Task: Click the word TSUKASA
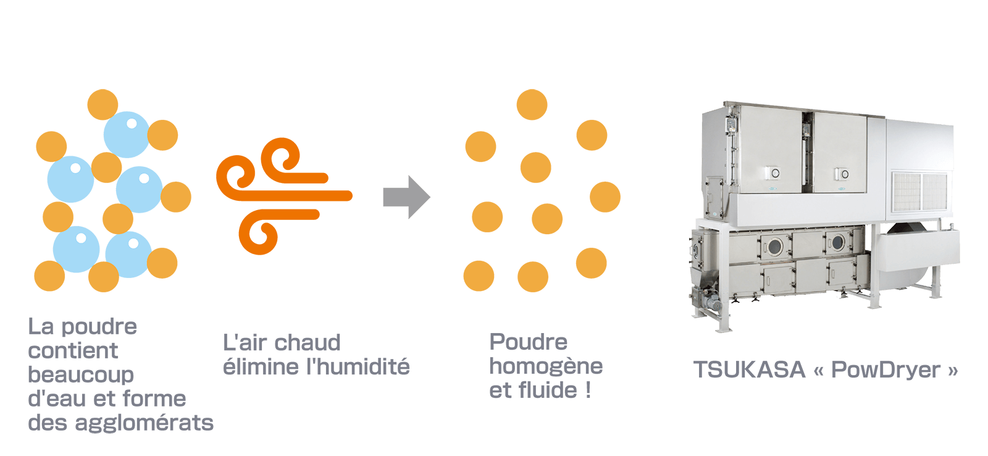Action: click(x=749, y=369)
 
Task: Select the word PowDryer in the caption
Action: click(x=886, y=369)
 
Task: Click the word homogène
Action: click(x=546, y=366)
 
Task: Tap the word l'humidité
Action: click(x=358, y=367)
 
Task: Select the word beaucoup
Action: click(x=81, y=374)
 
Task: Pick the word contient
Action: click(x=73, y=350)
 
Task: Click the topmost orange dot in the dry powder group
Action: click(x=532, y=104)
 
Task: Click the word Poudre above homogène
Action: click(x=528, y=342)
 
